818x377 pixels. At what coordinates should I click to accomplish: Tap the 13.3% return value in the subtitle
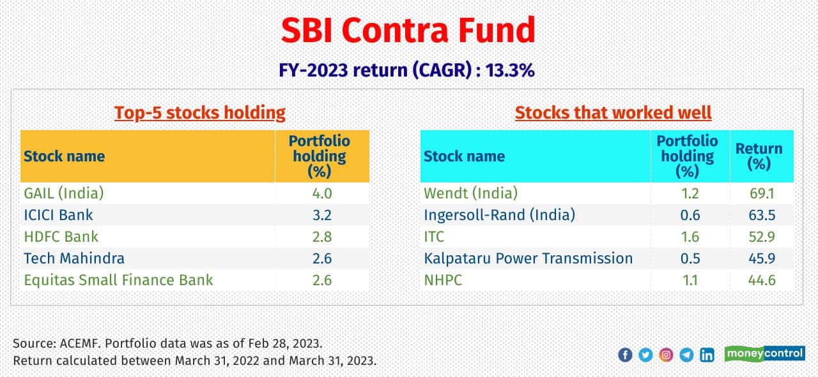click(x=511, y=70)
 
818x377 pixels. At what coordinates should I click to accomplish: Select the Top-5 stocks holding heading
click(x=199, y=113)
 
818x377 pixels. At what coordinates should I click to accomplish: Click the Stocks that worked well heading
click(x=613, y=113)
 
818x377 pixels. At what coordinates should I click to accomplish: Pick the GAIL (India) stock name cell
click(x=63, y=193)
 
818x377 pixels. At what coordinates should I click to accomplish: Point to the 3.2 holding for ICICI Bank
click(x=321, y=215)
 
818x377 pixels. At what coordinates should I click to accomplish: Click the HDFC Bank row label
click(x=61, y=237)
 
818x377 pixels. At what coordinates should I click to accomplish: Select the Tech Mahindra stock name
click(x=74, y=258)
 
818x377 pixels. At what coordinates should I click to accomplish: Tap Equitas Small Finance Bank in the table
click(x=118, y=280)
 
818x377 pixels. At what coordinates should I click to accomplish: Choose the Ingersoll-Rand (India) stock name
click(x=499, y=215)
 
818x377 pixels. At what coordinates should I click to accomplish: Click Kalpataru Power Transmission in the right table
click(x=528, y=258)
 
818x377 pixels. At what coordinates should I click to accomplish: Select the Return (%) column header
click(x=759, y=156)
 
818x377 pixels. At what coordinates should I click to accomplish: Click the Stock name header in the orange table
click(x=64, y=156)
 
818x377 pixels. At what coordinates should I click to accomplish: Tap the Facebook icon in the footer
click(x=625, y=355)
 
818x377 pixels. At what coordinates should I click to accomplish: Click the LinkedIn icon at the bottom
click(x=707, y=355)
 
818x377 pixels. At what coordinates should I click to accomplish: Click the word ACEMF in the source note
click(x=77, y=343)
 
